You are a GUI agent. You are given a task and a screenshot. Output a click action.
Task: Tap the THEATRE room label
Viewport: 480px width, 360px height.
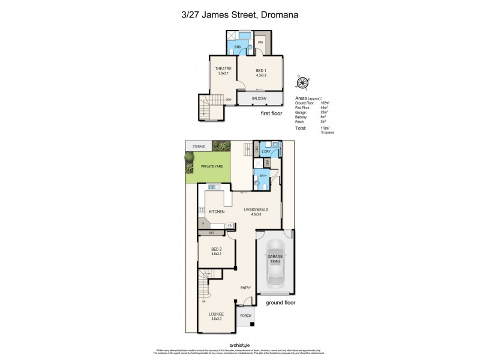(x=223, y=69)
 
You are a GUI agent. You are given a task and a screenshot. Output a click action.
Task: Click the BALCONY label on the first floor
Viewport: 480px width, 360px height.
(x=259, y=98)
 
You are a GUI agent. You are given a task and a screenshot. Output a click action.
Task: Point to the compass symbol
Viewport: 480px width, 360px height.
(x=303, y=83)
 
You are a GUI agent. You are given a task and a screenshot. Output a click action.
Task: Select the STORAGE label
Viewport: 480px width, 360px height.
(x=199, y=146)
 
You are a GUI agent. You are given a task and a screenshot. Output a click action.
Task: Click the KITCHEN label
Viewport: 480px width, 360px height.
(x=217, y=212)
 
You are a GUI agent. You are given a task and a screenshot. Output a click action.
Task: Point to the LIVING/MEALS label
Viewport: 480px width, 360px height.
(x=256, y=210)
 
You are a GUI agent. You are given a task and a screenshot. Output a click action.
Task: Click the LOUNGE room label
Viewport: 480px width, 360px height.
(x=216, y=314)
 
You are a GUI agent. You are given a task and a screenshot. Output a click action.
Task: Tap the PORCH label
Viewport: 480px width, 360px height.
(x=245, y=316)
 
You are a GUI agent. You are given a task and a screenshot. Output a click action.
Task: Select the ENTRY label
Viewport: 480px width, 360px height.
(x=245, y=288)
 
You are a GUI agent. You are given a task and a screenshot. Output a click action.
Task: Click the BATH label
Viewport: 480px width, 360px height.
(x=263, y=176)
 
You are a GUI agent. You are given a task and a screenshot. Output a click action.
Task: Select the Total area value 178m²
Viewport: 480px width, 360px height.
(x=326, y=128)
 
